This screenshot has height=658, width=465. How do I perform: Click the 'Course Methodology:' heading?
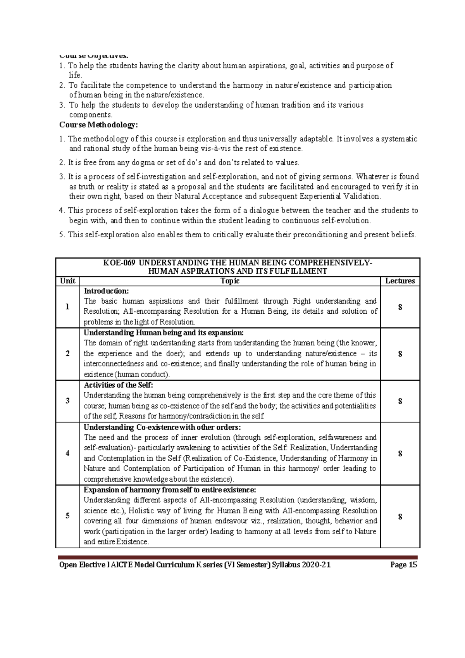(x=98, y=125)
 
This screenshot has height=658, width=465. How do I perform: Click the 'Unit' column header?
(x=67, y=281)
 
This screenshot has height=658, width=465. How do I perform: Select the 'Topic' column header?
(x=230, y=281)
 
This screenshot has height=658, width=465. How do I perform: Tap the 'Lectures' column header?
(x=400, y=281)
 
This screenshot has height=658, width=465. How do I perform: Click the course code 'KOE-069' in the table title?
(x=119, y=263)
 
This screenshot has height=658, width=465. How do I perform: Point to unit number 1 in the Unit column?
(x=67, y=307)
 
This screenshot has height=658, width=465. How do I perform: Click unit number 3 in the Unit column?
(x=67, y=401)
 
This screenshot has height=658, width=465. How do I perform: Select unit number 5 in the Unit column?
(x=67, y=516)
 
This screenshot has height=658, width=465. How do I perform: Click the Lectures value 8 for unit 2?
(x=400, y=354)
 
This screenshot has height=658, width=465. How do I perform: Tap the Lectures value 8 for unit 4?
(x=400, y=453)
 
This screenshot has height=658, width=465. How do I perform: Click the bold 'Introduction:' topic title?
(x=106, y=291)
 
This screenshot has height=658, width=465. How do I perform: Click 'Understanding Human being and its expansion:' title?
(x=164, y=333)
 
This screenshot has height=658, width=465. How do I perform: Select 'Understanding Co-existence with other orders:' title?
(x=162, y=427)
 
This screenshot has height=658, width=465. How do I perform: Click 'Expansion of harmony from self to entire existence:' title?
(x=170, y=490)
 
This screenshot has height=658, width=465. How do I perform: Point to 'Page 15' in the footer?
(x=404, y=565)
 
